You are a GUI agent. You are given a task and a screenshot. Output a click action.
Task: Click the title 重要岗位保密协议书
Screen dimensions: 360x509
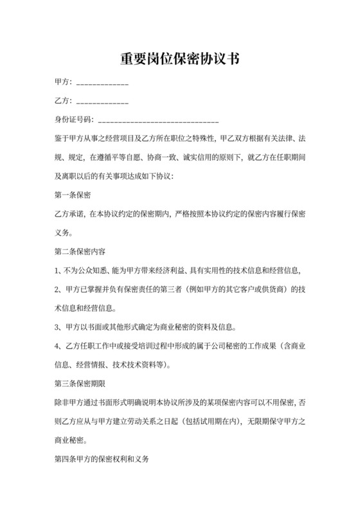(180, 59)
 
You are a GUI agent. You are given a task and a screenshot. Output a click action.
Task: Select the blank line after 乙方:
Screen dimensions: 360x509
(102, 103)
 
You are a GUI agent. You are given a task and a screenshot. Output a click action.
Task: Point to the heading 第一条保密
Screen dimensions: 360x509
(73, 193)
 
